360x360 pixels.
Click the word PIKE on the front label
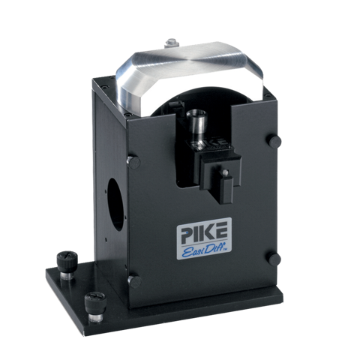click(x=205, y=232)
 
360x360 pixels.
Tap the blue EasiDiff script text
click(x=204, y=250)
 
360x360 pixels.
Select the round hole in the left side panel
click(x=116, y=204)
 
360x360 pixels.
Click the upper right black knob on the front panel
click(x=275, y=142)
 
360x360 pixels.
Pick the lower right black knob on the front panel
click(x=274, y=259)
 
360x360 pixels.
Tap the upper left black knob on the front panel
click(x=134, y=163)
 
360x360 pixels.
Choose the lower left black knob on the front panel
click(x=134, y=281)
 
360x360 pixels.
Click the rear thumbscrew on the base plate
click(x=67, y=265)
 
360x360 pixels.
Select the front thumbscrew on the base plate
click(x=95, y=307)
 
